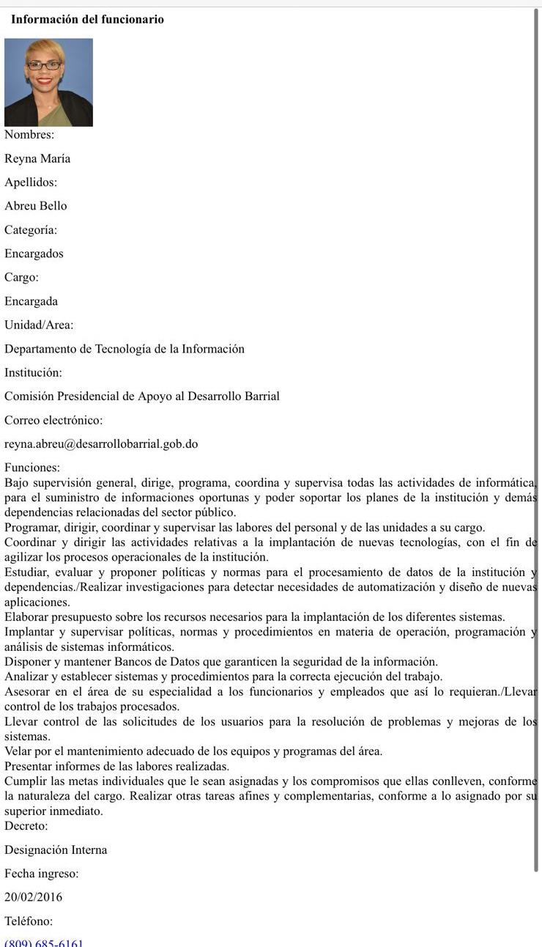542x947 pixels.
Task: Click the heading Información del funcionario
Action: coord(87,20)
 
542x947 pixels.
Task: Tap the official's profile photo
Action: coord(48,82)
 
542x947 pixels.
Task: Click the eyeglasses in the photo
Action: coord(45,65)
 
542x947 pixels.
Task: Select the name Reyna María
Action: coord(37,158)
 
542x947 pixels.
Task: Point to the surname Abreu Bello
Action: coord(36,206)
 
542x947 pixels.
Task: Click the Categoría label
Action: coord(31,230)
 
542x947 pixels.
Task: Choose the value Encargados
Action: coord(34,254)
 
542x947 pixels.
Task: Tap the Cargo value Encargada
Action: coord(31,301)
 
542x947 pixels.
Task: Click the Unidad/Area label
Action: coord(39,325)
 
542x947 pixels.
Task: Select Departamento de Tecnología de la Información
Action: coord(125,349)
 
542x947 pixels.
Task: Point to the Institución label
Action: coord(33,372)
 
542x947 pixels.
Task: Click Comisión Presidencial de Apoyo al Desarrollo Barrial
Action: coord(142,397)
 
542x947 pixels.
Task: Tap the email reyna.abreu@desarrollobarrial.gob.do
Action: coord(101,444)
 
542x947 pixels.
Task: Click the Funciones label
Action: coord(32,468)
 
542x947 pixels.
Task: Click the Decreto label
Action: coord(26,826)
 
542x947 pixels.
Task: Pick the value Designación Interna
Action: coord(56,850)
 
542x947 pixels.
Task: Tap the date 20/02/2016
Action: coord(34,897)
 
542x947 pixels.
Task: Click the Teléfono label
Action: coord(29,921)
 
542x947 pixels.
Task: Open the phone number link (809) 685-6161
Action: coord(44,943)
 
